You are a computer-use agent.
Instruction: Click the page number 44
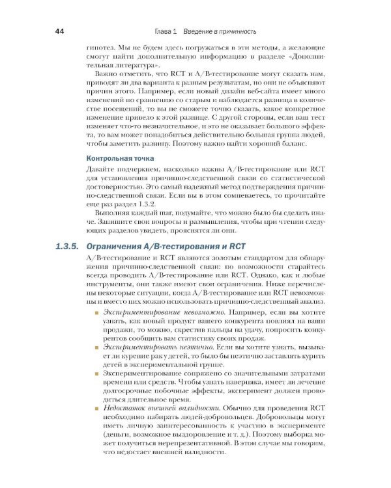coord(59,31)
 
